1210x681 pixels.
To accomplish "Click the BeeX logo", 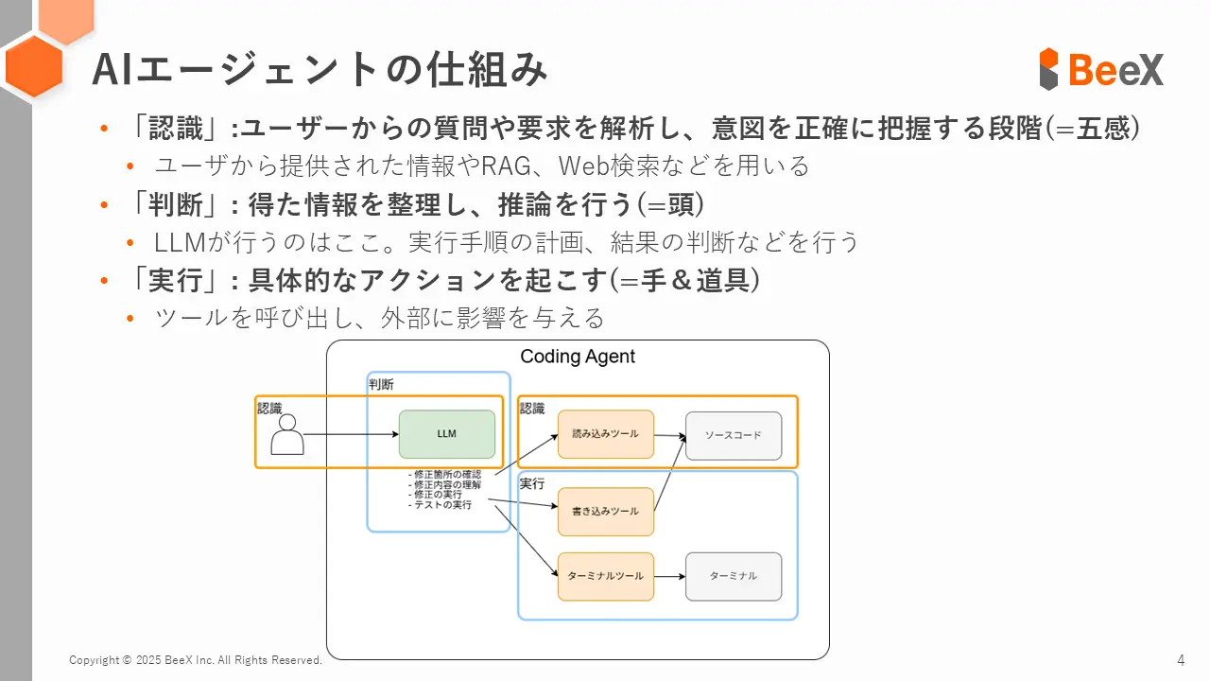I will tap(1101, 69).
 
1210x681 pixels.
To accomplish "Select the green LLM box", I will tap(447, 434).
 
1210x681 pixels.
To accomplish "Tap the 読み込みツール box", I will tap(605, 434).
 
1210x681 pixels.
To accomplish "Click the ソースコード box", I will tap(733, 435).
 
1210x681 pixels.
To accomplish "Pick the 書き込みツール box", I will tap(605, 512).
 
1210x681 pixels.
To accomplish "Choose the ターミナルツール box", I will tap(605, 576).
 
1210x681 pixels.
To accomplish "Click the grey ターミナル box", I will tap(733, 576).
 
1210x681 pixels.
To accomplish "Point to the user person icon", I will tap(287, 435).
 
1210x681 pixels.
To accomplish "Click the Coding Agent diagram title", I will tap(578, 357).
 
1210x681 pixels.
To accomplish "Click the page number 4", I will tap(1181, 659).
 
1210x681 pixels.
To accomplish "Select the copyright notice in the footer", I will tap(196, 660).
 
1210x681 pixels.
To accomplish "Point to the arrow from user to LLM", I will tap(351, 435).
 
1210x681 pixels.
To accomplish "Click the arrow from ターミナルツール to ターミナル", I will tap(669, 576).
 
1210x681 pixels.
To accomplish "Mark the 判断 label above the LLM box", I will tap(381, 384).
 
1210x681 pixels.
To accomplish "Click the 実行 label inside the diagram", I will tap(532, 483).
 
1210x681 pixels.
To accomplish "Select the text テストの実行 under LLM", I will tap(442, 505).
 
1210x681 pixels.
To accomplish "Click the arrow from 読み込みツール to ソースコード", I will tap(669, 436).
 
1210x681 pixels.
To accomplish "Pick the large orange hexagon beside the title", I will tap(34, 66).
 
